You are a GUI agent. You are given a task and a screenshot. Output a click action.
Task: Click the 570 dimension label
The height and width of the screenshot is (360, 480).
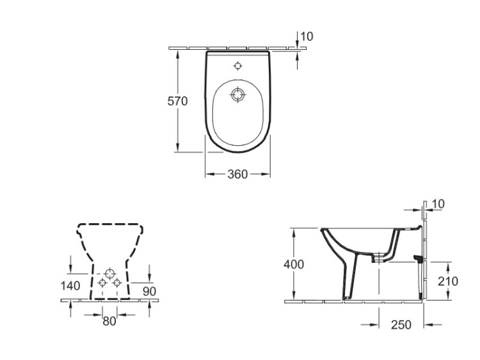[177, 101]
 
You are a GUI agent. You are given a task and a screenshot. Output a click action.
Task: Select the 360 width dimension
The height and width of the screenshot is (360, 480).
[237, 174]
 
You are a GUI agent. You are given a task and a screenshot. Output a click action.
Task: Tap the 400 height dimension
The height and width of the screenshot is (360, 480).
[294, 264]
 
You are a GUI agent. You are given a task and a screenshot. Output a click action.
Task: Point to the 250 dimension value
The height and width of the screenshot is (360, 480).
[401, 325]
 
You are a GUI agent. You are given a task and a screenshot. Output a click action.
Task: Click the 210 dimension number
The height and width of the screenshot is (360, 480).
[447, 281]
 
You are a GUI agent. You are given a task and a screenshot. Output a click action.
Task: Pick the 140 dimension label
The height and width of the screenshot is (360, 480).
[70, 286]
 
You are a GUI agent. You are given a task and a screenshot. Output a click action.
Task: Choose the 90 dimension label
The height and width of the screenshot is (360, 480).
[149, 292]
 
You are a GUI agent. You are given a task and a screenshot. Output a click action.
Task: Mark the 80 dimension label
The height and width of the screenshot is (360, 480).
[109, 321]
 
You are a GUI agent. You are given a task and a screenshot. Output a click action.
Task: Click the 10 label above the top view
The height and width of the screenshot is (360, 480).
[307, 36]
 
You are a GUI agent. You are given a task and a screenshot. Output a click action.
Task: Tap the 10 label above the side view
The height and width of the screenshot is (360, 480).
[438, 204]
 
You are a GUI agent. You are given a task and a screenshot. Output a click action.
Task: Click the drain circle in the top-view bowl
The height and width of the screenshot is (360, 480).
[237, 95]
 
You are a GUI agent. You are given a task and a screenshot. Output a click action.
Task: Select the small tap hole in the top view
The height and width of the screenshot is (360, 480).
[237, 66]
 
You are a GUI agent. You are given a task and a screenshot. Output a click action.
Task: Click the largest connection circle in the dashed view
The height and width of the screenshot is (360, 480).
[109, 273]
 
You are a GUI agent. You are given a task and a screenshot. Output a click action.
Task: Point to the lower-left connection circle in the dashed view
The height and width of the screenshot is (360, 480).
[102, 283]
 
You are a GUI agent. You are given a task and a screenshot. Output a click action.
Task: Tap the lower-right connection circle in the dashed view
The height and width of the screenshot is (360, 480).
[116, 283]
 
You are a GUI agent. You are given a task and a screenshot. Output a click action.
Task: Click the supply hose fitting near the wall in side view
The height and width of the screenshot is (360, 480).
[418, 258]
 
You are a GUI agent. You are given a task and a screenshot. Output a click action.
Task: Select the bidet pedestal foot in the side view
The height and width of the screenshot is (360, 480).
[349, 297]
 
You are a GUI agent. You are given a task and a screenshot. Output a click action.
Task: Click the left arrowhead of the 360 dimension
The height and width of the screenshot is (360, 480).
[209, 174]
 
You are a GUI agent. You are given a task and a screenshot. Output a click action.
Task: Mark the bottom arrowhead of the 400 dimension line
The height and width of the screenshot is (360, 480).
[294, 296]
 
